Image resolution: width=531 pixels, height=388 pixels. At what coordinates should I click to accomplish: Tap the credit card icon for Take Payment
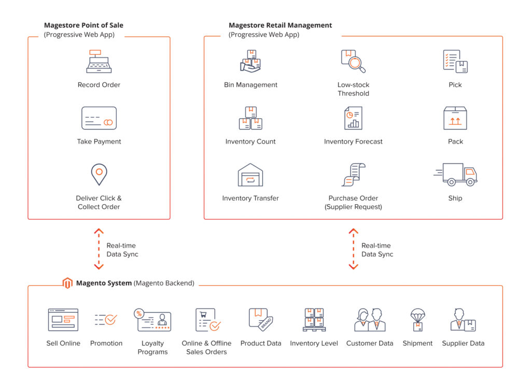[x=99, y=118]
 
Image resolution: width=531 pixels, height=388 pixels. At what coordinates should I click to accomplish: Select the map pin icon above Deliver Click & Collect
[x=99, y=175]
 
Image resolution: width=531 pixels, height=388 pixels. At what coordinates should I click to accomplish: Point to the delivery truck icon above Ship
[x=455, y=175]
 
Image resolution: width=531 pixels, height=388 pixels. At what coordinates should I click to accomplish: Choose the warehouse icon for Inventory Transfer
[x=250, y=175]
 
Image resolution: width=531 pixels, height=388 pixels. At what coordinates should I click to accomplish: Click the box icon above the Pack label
[x=455, y=118]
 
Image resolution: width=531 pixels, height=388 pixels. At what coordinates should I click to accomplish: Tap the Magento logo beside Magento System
[x=67, y=283]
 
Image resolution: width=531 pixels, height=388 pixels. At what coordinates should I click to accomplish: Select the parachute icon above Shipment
[x=417, y=320]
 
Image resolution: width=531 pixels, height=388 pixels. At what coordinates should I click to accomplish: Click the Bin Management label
[x=250, y=85]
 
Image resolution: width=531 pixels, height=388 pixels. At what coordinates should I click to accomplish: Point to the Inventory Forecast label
[x=353, y=141]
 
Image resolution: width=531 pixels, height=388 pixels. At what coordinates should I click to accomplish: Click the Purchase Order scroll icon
[x=353, y=175]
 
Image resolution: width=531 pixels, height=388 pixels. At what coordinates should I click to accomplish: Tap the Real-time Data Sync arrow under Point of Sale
[x=99, y=249]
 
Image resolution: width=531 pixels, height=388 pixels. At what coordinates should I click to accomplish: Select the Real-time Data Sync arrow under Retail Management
[x=354, y=249]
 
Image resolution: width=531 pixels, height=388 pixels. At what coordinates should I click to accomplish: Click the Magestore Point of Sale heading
[x=83, y=25]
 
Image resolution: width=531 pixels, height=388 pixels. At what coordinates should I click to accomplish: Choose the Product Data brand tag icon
[x=261, y=319]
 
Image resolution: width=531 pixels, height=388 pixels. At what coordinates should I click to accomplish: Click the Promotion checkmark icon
[x=106, y=320]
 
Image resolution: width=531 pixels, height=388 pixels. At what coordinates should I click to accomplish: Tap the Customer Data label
[x=370, y=343]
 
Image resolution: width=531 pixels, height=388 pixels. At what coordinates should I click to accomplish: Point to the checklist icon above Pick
[x=455, y=61]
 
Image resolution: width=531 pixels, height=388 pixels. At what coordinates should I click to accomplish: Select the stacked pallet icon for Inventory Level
[x=314, y=320]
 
